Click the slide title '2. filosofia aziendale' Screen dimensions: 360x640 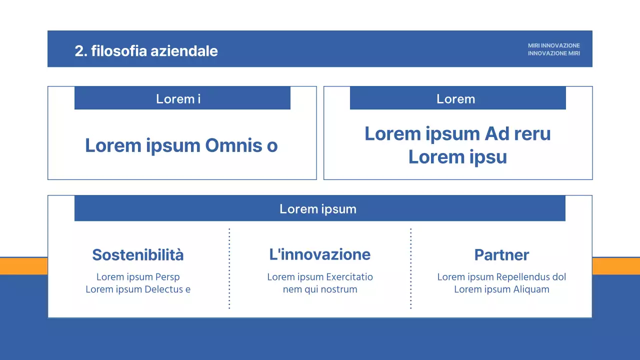146,51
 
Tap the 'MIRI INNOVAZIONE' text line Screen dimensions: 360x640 553,45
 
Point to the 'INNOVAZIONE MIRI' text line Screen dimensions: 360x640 553,53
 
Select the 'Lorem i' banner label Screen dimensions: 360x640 178,99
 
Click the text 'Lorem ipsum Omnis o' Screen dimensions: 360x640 181,145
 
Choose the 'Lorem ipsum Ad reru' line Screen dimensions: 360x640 457,134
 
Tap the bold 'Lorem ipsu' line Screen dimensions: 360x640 457,157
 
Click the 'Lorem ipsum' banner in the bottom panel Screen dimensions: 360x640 318,209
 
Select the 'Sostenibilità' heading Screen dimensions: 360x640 138,255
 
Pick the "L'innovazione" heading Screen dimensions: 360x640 320,254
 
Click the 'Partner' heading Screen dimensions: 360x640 501,255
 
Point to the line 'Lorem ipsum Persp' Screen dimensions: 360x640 138,277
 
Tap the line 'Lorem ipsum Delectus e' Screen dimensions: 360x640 138,289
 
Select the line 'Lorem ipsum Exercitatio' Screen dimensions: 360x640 320,277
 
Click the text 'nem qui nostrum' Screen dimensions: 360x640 320,289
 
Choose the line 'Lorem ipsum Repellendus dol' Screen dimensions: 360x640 501,277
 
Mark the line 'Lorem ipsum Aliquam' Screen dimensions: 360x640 501,289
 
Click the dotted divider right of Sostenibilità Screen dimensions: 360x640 229,268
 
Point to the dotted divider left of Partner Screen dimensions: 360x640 411,268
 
